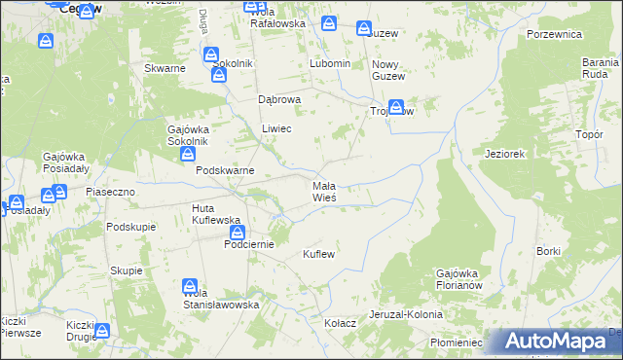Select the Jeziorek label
[x=505, y=154]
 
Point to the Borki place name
[x=548, y=251]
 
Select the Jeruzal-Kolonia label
[x=405, y=315]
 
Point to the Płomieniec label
[x=457, y=342]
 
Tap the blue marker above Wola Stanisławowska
[x=190, y=286]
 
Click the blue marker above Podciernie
[x=237, y=234]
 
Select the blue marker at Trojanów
[x=395, y=108]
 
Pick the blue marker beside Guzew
[x=364, y=29]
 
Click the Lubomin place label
[x=329, y=63]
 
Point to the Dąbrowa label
[x=279, y=99]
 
